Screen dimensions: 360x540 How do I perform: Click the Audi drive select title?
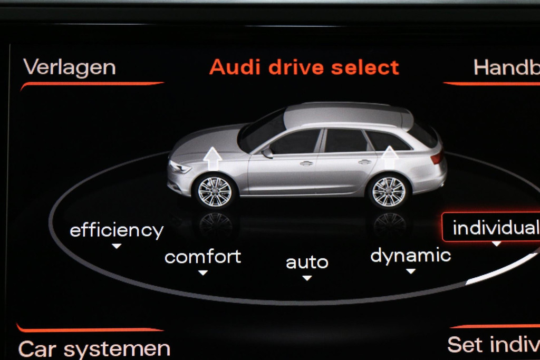coord(304,68)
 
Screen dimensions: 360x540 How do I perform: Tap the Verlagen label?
coord(69,68)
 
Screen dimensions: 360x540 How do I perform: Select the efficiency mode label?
coord(117,230)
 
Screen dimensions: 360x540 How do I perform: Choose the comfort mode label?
coord(202,257)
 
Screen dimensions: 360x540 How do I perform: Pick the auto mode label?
coord(307,262)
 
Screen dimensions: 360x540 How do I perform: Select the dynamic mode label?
coord(410,256)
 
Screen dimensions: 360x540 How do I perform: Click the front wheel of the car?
coord(215,191)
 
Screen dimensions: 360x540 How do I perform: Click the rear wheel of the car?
coord(389,191)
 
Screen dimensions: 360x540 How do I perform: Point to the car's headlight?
coord(180,168)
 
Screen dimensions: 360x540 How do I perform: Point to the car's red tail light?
coord(436,158)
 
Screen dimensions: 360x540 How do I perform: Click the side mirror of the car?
coord(267,153)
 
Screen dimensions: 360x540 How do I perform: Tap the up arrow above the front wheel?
coord(212,158)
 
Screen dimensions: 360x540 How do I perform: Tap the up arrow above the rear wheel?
coord(389,157)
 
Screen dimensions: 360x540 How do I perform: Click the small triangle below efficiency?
coord(117,246)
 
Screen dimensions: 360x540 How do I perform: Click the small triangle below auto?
coord(307,278)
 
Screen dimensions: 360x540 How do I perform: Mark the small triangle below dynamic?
coord(411,271)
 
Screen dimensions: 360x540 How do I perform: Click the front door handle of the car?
coord(306,163)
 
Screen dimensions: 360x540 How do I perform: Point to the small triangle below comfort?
coord(202,273)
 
